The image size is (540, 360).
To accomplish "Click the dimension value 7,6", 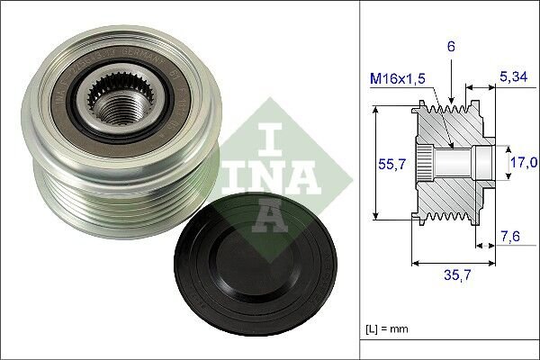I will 510,236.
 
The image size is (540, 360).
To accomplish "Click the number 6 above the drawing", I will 449,44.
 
